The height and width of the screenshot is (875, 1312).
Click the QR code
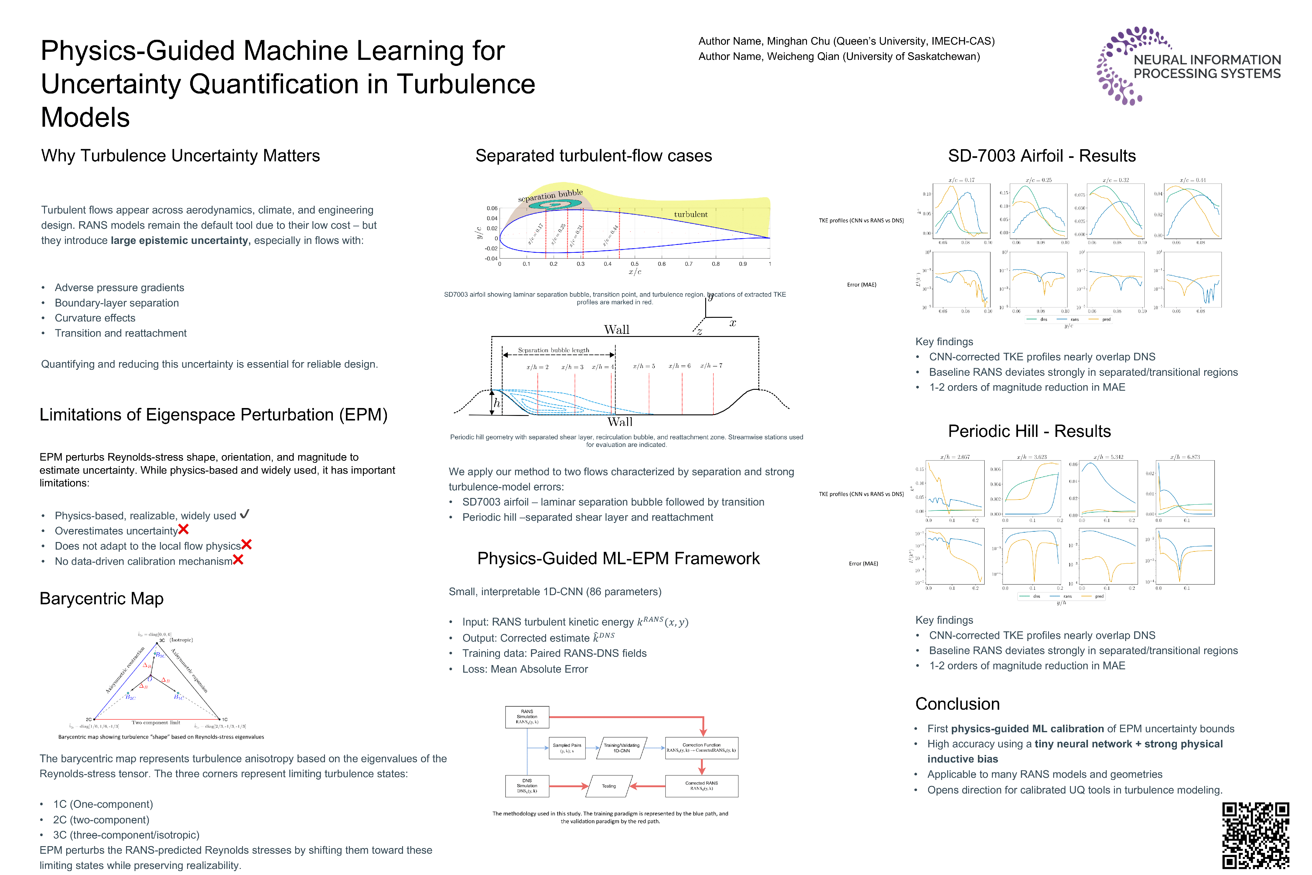1255,836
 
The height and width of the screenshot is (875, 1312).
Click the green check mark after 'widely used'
244,514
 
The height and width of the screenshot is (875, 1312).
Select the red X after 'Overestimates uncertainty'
183,530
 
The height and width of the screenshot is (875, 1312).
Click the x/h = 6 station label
679,366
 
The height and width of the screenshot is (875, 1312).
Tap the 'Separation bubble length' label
553,350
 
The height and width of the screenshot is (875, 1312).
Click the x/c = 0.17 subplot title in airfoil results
961,180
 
